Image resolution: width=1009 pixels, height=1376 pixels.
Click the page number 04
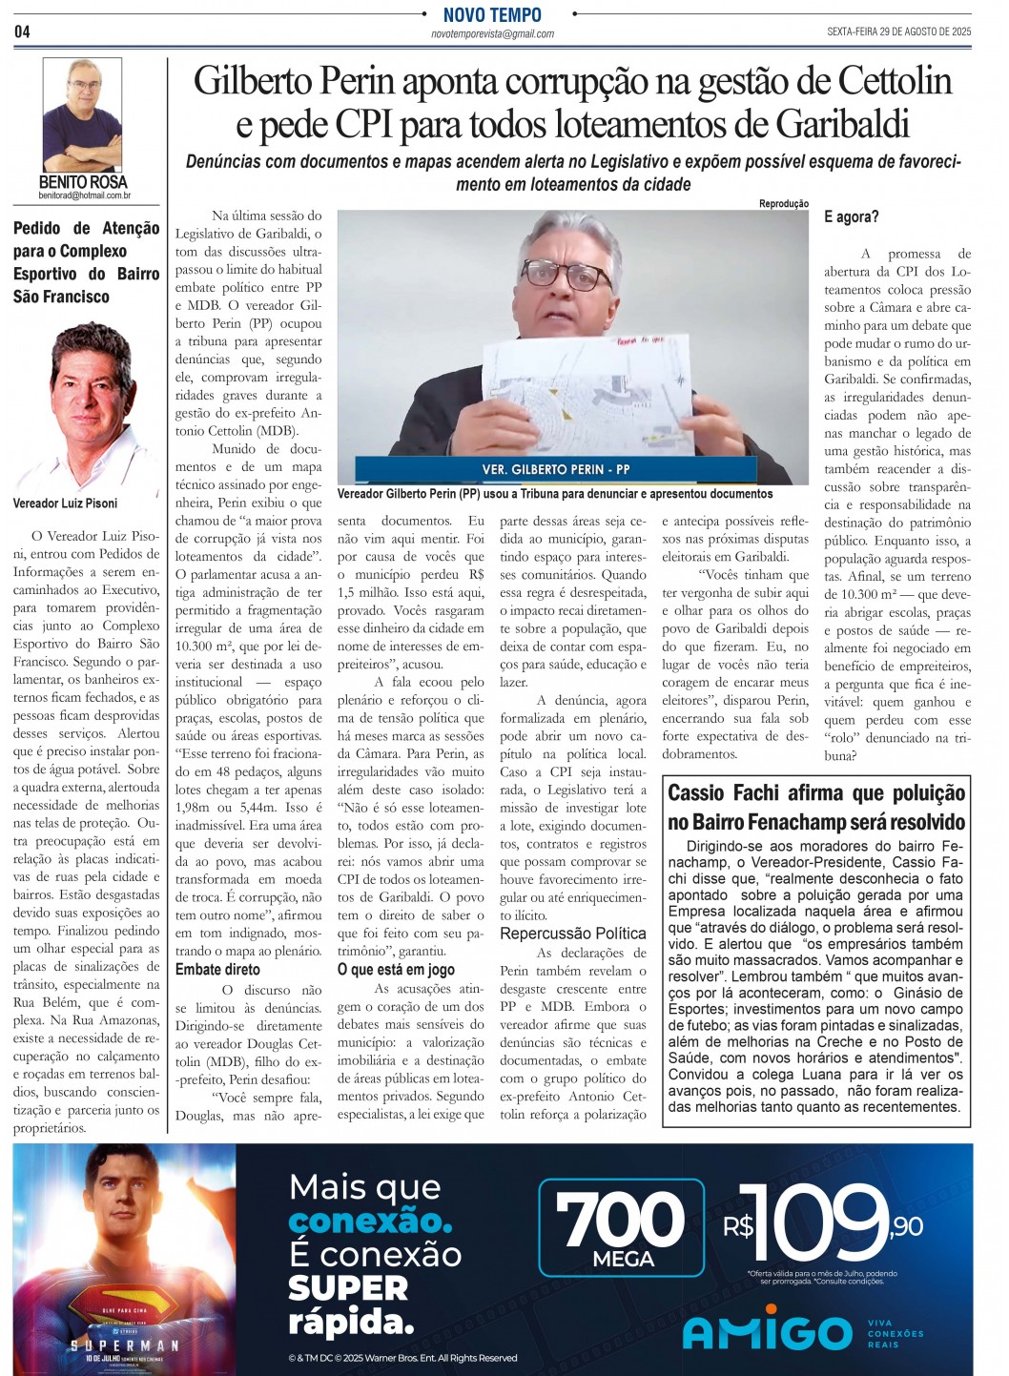[22, 31]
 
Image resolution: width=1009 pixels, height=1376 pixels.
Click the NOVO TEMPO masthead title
[492, 14]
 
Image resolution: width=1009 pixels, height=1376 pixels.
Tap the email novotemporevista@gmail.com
[492, 34]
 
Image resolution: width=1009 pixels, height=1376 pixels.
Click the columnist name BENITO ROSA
[83, 181]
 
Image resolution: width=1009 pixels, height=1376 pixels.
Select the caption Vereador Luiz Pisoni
[66, 503]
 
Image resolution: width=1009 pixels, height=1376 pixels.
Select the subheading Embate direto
[217, 970]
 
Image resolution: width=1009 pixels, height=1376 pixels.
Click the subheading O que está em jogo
[396, 970]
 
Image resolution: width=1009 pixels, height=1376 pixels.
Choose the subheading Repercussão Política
[573, 934]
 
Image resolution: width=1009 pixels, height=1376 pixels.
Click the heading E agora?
[852, 217]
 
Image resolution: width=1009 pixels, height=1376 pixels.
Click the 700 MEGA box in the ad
[622, 1228]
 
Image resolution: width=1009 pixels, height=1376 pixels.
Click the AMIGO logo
[768, 1332]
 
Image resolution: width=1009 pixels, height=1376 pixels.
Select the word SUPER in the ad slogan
[347, 1287]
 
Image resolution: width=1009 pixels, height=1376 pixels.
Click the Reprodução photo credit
[783, 203]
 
